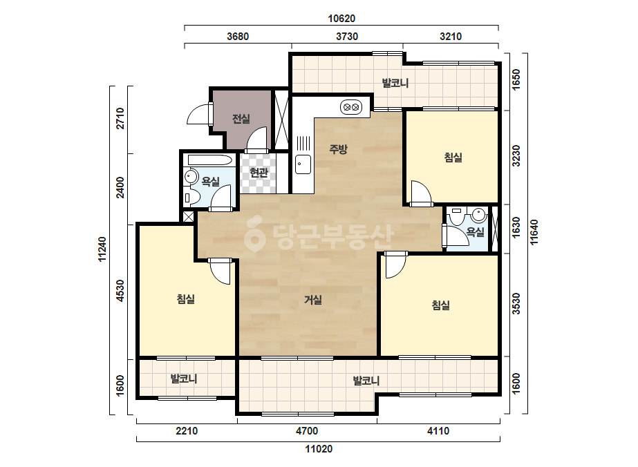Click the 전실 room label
coord(241,119)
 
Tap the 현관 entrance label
coord(259,173)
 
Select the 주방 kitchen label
coord(338,149)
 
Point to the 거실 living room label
coord(313,300)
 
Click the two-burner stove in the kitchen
coord(350,107)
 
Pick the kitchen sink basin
coord(303,164)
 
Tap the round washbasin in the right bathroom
coord(479,213)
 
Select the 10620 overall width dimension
coord(341,18)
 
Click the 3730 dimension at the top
coord(347,37)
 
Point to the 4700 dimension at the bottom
coord(307,431)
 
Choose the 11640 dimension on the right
coord(534,232)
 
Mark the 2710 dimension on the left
coord(120,118)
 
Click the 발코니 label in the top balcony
coord(395,84)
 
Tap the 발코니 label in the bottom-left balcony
coord(184,379)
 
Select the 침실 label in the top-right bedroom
coord(453,158)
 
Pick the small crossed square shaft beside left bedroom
coord(189,216)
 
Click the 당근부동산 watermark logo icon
coord(254,236)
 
